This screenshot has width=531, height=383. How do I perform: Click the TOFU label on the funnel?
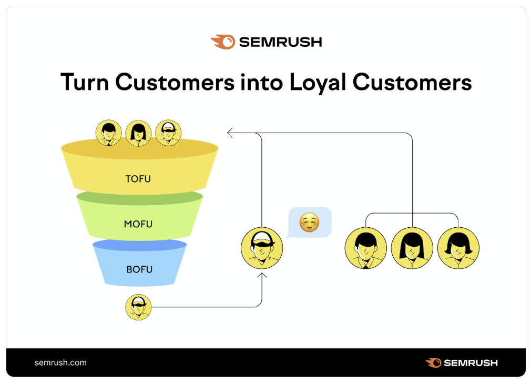click(138, 179)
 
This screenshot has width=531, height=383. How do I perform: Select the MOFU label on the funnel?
click(138, 224)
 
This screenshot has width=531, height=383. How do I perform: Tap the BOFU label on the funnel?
click(139, 269)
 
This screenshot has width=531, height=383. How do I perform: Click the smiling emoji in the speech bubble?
click(309, 223)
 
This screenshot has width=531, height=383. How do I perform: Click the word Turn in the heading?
click(85, 82)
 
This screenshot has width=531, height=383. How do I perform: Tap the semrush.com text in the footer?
click(60, 362)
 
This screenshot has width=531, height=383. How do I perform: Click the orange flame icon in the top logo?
click(222, 42)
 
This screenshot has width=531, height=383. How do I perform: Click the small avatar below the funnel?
click(138, 307)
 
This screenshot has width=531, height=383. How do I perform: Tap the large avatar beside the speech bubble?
click(262, 248)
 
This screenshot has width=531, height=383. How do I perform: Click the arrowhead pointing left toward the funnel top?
click(230, 133)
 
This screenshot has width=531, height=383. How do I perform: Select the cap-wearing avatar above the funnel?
click(168, 133)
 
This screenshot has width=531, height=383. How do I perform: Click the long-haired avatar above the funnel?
click(138, 133)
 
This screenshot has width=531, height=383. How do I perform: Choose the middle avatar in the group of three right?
click(412, 248)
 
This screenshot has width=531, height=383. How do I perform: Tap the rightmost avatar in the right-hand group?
click(458, 248)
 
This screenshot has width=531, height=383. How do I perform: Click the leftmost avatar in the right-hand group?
click(365, 248)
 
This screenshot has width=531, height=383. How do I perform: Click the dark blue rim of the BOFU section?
click(139, 245)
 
